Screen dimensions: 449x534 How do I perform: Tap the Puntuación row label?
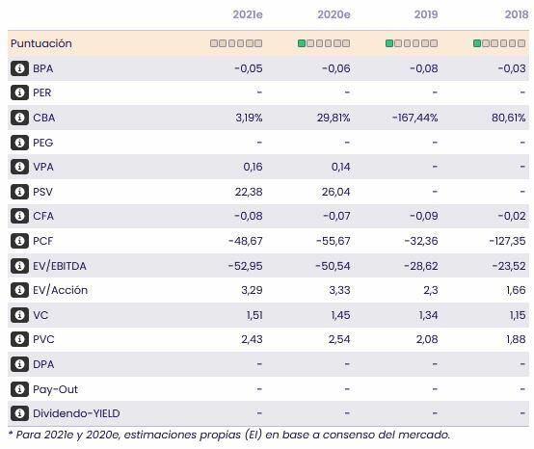pos(40,43)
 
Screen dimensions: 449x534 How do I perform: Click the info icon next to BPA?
pos(18,68)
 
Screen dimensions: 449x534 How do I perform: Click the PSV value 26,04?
pos(334,192)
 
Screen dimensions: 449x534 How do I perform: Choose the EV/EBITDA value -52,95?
pos(242,266)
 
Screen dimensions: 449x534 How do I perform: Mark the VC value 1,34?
pos(425,315)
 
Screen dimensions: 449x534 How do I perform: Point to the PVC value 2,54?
pos(336,340)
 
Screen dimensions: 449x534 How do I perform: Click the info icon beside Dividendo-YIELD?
pos(18,414)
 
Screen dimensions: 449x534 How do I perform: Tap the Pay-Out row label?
pos(55,389)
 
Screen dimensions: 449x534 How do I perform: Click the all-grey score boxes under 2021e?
pos(236,43)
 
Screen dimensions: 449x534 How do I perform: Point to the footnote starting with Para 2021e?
pos(228,436)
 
